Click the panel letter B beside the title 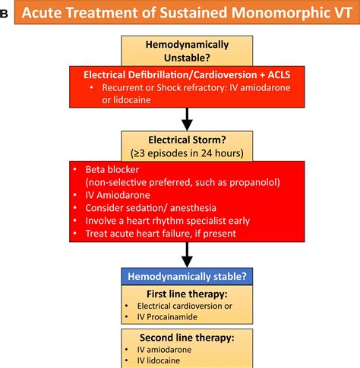click(5, 14)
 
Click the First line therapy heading click(188, 293)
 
